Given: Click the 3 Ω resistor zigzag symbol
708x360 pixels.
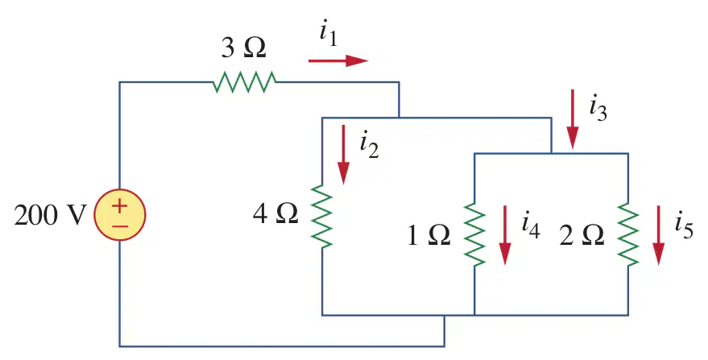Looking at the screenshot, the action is tap(244, 82).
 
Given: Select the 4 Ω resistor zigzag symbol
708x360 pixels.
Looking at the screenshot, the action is tap(322, 216).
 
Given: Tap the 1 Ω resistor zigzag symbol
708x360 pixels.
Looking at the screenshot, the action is tap(474, 234).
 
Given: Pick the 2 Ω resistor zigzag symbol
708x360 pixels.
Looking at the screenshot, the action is tap(628, 234).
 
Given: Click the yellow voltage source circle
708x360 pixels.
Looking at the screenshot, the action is tap(120, 215).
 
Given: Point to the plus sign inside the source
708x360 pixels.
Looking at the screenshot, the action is tap(120, 206).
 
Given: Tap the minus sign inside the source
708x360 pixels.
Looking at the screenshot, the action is tap(120, 226).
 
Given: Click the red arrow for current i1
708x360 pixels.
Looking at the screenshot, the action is tap(338, 60).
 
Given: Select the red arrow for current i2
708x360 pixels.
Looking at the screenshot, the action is tap(344, 155).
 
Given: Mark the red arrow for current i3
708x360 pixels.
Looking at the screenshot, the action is tap(573, 119).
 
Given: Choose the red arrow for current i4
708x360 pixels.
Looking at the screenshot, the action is tap(505, 235).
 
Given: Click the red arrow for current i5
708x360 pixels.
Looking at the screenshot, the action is tap(658, 235).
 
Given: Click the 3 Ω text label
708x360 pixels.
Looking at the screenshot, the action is tap(244, 48).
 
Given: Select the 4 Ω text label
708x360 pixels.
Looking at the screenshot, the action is tap(275, 213).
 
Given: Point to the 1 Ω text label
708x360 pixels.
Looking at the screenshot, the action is tap(429, 235).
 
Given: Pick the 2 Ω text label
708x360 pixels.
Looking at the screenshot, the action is tap(582, 235).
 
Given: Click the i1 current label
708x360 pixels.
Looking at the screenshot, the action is tap(329, 35).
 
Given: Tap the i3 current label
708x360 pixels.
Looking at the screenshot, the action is tap(598, 109).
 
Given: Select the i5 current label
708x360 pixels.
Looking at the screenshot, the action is tap(684, 226).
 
